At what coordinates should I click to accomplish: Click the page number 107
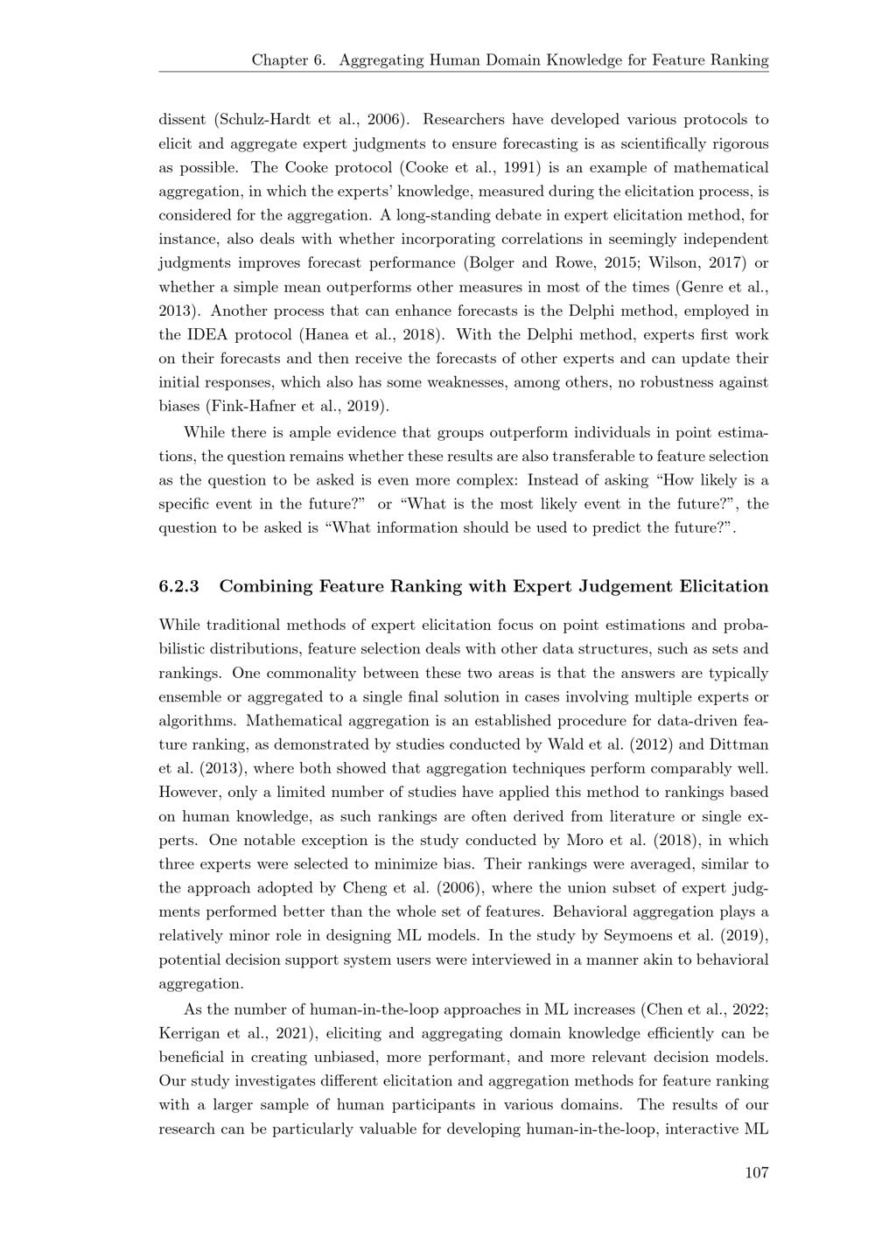pyautogui.click(x=756, y=1172)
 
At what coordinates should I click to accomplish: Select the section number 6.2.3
pyautogui.click(x=178, y=586)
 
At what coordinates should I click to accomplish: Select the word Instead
pyautogui.click(x=552, y=480)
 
